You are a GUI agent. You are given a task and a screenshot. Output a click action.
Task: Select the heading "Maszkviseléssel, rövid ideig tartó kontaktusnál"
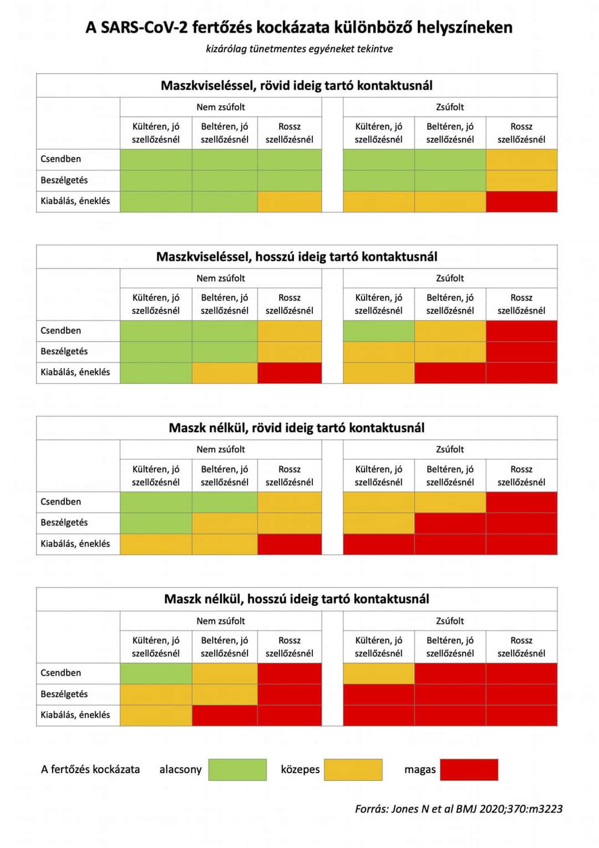pyautogui.click(x=297, y=85)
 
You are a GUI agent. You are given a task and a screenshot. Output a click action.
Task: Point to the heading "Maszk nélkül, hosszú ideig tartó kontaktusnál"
pyautogui.click(x=297, y=599)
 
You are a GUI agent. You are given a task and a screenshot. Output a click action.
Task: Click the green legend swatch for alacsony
pyautogui.click(x=237, y=770)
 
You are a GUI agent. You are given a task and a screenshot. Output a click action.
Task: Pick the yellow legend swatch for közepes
pyautogui.click(x=353, y=770)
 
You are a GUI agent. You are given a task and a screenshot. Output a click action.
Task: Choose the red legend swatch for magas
pyautogui.click(x=469, y=770)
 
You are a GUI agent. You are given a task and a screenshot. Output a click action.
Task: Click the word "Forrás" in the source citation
pyautogui.click(x=371, y=809)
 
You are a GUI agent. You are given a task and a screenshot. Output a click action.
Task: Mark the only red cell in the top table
pyautogui.click(x=521, y=202)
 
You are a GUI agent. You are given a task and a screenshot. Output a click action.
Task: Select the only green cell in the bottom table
pyautogui.click(x=156, y=673)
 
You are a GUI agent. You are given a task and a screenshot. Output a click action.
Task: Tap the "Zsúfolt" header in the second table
pyautogui.click(x=450, y=278)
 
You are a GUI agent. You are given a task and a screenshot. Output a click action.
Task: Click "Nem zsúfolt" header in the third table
pyautogui.click(x=221, y=449)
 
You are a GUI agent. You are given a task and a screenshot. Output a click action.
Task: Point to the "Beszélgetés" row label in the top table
pyautogui.click(x=64, y=180)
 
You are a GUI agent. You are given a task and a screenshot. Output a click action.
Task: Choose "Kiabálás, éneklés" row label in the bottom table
pyautogui.click(x=75, y=715)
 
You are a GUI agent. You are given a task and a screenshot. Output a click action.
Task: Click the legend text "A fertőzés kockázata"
pyautogui.click(x=90, y=769)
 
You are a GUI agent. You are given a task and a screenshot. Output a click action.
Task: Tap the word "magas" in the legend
pyautogui.click(x=420, y=769)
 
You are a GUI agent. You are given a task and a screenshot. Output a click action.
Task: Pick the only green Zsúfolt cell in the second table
pyautogui.click(x=378, y=331)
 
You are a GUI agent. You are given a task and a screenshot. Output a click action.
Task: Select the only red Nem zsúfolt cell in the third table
pyautogui.click(x=290, y=544)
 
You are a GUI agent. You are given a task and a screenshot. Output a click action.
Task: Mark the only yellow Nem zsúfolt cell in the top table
pyautogui.click(x=290, y=202)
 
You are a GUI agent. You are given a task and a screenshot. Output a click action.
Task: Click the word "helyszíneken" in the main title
pyautogui.click(x=464, y=27)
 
